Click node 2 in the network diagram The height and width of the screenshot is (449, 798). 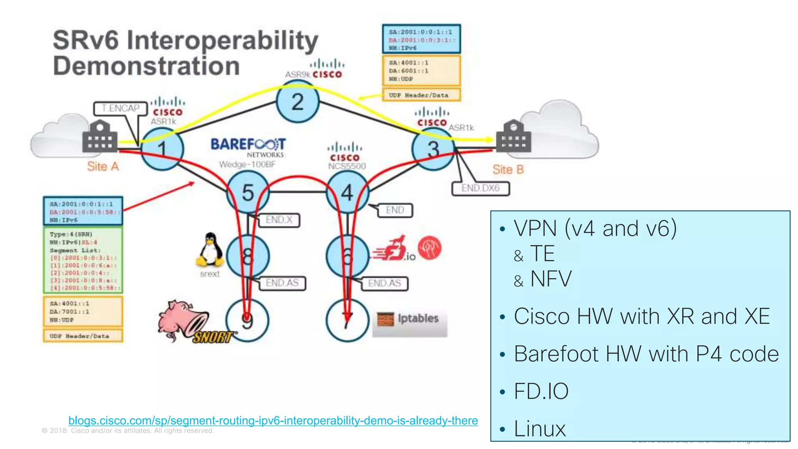pos(298,102)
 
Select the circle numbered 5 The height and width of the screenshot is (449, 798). pos(248,193)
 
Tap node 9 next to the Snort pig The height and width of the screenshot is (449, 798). pos(247,320)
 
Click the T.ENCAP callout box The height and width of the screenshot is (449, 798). pos(120,108)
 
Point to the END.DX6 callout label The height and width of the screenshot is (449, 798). pos(480,188)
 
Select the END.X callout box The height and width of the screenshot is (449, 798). pos(279,220)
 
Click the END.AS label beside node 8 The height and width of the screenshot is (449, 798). pos(282,283)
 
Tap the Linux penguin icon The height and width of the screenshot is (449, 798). pos(210,251)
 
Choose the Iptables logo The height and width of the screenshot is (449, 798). pos(409,319)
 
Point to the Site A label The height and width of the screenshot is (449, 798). pos(103,166)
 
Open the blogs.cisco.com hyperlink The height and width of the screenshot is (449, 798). pos(273,421)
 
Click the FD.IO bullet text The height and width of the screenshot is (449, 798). pos(541,391)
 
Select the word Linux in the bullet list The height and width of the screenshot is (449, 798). pos(540,429)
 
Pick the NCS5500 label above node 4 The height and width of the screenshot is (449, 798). pos(347,166)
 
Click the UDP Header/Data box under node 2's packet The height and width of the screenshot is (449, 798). pos(421,95)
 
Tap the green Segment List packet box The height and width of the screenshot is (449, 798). pos(83,260)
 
